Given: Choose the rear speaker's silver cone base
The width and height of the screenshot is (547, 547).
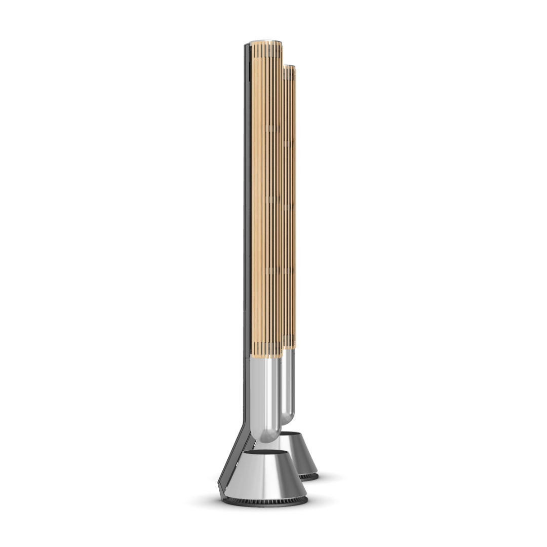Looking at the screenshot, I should [304, 456].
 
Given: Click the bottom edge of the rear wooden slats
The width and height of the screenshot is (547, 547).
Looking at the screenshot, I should [290, 346].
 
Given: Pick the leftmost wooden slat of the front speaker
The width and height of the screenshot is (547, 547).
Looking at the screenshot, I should [255, 203].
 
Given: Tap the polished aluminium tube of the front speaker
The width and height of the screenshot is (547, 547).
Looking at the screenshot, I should [266, 395].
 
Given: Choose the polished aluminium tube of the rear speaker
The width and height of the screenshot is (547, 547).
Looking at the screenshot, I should [288, 385].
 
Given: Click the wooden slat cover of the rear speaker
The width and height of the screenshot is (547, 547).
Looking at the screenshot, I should [290, 203].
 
